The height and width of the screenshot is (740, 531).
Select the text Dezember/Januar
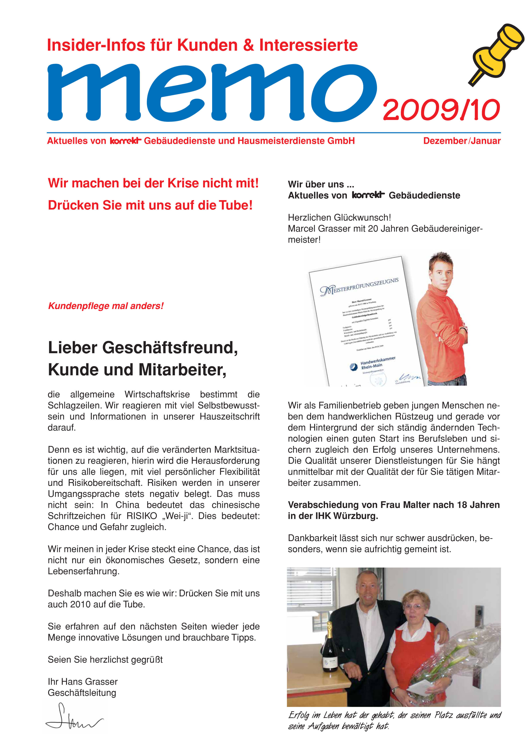pos(462,141)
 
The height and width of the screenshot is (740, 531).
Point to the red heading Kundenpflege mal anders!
pos(106,306)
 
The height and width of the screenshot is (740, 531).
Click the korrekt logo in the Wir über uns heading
pos(368,195)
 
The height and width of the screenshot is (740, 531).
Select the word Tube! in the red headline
pos(236,205)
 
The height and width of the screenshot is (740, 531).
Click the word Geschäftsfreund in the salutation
pos(170,348)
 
